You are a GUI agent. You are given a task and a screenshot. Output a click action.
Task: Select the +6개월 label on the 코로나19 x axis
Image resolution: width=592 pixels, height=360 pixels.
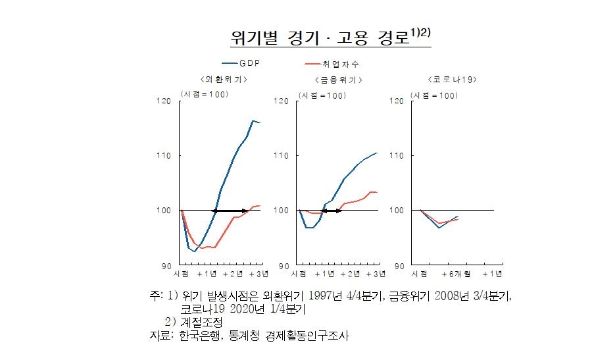[456, 273]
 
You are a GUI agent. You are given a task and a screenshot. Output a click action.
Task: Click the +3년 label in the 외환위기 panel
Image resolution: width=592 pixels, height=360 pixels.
[258, 273]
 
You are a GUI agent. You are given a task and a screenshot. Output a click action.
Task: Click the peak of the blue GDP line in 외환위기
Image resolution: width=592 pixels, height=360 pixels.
[253, 120]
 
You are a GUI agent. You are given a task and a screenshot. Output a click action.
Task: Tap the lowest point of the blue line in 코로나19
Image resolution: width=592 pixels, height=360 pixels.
[439, 228]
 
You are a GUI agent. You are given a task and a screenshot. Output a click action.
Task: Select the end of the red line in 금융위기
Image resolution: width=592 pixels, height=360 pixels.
[376, 192]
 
